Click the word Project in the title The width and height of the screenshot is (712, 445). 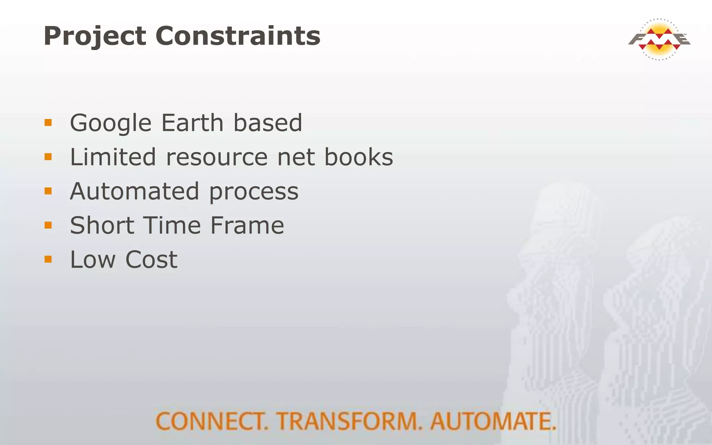[95, 36]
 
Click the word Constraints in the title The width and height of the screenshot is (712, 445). [238, 36]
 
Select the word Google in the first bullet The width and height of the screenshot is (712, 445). [111, 123]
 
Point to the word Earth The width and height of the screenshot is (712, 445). [192, 123]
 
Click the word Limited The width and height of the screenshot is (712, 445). [113, 157]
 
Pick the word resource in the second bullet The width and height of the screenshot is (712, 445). [217, 157]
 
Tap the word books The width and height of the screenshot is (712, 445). [358, 157]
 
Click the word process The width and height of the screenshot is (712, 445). [254, 192]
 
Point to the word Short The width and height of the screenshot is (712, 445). [102, 225]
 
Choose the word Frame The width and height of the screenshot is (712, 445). [247, 225]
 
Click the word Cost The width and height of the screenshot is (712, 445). [151, 259]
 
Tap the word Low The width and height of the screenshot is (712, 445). [92, 259]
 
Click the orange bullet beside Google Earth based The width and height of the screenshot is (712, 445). [48, 123]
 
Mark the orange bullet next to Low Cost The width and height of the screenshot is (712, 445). [48, 259]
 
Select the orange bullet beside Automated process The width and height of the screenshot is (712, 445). [48, 191]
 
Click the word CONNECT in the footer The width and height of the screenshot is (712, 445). [212, 421]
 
